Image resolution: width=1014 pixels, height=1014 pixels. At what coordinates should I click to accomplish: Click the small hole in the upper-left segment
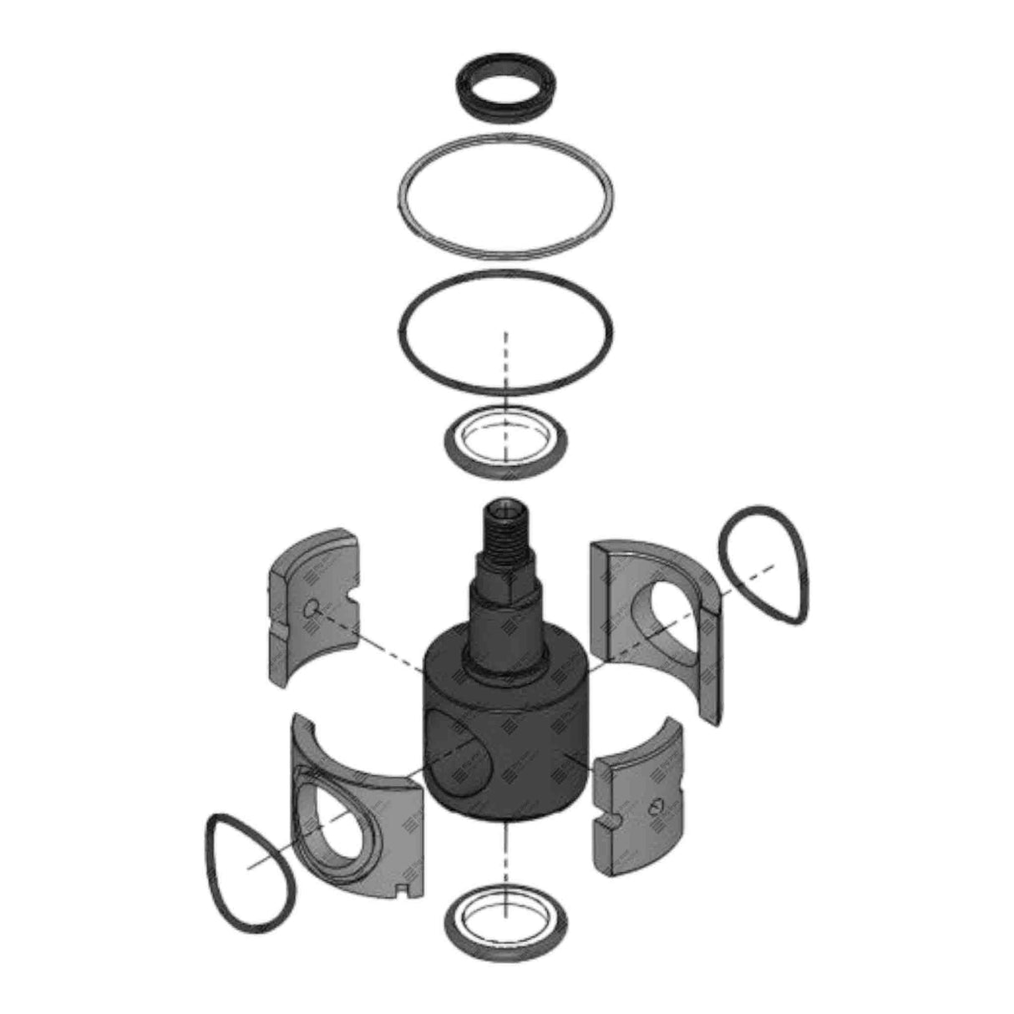(311, 608)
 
